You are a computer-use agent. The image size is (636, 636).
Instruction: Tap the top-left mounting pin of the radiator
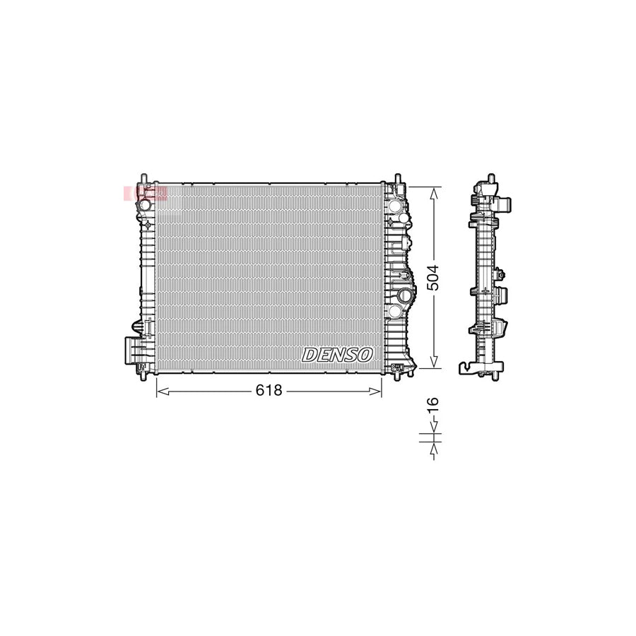click(144, 177)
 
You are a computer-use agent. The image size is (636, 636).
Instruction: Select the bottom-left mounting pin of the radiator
click(144, 377)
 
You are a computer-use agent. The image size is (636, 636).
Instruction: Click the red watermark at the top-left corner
click(145, 192)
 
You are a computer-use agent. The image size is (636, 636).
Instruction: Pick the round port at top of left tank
click(144, 205)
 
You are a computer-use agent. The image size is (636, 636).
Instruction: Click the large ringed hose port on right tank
click(406, 296)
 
